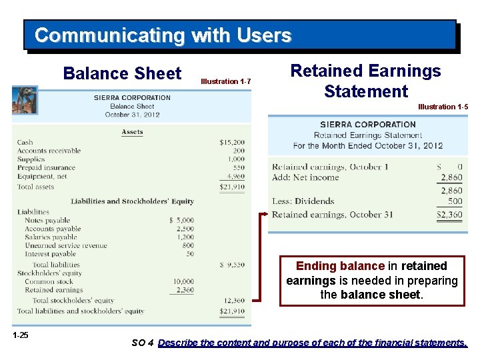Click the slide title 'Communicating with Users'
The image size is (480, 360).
[163, 35]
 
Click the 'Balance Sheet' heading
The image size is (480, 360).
[122, 73]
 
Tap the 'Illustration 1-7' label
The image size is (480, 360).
[225, 81]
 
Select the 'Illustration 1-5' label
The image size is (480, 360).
[443, 107]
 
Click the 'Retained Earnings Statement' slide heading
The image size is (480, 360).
[366, 81]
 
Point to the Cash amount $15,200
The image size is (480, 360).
[232, 142]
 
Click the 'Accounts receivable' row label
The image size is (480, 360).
[49, 151]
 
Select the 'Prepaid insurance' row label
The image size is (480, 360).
[46, 168]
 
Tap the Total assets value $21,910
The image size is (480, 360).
[232, 187]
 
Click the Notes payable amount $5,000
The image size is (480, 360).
[181, 220]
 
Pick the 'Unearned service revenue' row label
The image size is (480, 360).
[65, 245]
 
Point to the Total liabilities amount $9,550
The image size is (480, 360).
[232, 265]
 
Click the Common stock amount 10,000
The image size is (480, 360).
[183, 281]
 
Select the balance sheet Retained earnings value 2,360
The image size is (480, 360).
[184, 290]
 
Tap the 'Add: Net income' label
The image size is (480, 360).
[305, 177]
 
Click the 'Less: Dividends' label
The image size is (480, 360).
[303, 201]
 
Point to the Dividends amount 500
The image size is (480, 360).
[455, 201]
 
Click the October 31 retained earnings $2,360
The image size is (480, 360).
[449, 215]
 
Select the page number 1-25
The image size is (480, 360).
[20, 335]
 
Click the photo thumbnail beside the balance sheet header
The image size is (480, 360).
[25, 101]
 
